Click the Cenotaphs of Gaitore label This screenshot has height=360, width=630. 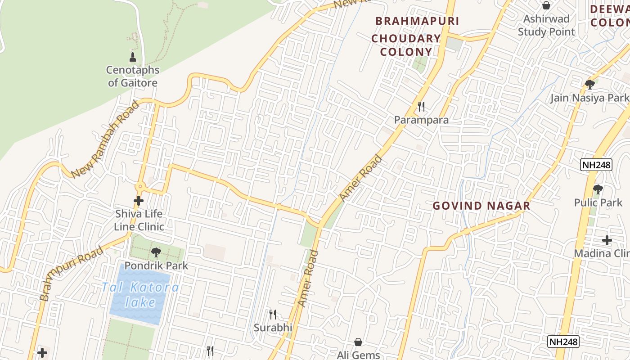[133, 76]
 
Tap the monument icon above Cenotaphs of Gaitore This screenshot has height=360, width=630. [133, 57]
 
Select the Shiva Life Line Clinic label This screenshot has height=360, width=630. [139, 220]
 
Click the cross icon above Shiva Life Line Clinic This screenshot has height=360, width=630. [139, 201]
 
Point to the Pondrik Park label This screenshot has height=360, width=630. [156, 265]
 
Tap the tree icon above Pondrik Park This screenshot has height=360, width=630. [156, 252]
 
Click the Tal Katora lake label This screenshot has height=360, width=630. [140, 294]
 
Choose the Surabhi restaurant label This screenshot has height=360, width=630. [273, 328]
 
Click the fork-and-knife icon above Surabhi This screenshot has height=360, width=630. [273, 314]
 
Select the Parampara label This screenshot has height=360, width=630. [421, 120]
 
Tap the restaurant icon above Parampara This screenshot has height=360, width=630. [421, 107]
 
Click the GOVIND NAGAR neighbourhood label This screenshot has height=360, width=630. [481, 206]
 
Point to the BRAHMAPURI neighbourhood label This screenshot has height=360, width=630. [417, 21]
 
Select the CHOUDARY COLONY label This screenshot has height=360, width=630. [406, 45]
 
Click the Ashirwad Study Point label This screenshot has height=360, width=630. [546, 25]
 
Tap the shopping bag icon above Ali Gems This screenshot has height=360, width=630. [358, 342]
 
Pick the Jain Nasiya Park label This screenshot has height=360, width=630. [589, 98]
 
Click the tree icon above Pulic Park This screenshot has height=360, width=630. [598, 189]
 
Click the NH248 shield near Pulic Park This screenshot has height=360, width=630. [596, 165]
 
